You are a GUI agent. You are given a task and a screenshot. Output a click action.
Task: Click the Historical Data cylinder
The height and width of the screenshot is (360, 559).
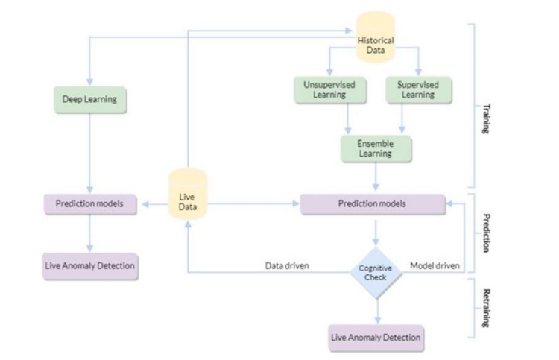376,37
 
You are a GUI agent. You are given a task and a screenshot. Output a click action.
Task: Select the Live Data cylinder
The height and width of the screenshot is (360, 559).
188,194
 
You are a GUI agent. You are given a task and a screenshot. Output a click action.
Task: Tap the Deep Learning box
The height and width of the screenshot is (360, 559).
90,100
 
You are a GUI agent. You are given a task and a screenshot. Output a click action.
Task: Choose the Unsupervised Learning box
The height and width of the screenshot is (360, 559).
329,90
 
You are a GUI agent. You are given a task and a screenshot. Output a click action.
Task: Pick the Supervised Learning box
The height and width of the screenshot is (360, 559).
419,90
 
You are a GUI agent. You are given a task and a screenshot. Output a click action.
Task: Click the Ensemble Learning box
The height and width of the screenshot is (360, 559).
376,148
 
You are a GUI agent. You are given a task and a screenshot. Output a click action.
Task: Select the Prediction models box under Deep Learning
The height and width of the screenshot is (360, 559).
90,204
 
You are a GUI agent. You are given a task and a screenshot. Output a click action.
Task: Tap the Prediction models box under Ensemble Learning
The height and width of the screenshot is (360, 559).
373,204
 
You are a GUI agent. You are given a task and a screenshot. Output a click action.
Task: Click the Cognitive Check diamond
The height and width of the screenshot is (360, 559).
376,273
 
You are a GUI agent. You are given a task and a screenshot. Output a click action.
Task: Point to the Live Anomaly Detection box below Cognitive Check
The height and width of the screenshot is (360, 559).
376,338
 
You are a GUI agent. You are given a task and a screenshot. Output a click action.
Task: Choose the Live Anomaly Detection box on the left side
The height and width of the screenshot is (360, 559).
90,266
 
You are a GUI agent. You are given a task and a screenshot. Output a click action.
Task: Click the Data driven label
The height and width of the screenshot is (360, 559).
287,265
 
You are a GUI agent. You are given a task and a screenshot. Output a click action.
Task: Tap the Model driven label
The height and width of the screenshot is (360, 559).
435,265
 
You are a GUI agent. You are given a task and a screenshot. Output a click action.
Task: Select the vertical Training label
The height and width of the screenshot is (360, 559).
486,119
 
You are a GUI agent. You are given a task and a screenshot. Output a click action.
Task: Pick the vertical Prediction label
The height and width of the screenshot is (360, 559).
486,233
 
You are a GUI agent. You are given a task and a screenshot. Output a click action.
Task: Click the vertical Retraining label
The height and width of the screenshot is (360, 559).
486,308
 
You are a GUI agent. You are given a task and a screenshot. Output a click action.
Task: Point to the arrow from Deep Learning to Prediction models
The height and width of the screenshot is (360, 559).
90,154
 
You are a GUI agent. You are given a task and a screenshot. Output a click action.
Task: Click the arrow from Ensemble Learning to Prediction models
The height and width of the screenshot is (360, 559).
376,177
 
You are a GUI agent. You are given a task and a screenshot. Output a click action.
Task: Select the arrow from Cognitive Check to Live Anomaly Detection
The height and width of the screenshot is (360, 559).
378,312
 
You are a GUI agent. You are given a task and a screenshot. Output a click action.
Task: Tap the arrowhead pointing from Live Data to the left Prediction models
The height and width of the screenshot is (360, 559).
145,204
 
